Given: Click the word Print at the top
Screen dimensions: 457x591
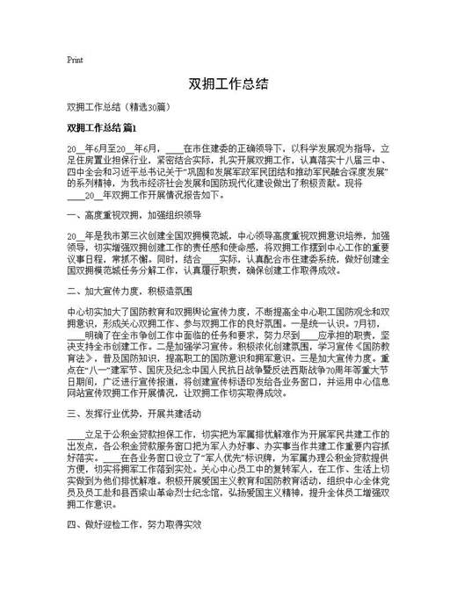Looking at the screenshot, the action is (75, 60).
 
